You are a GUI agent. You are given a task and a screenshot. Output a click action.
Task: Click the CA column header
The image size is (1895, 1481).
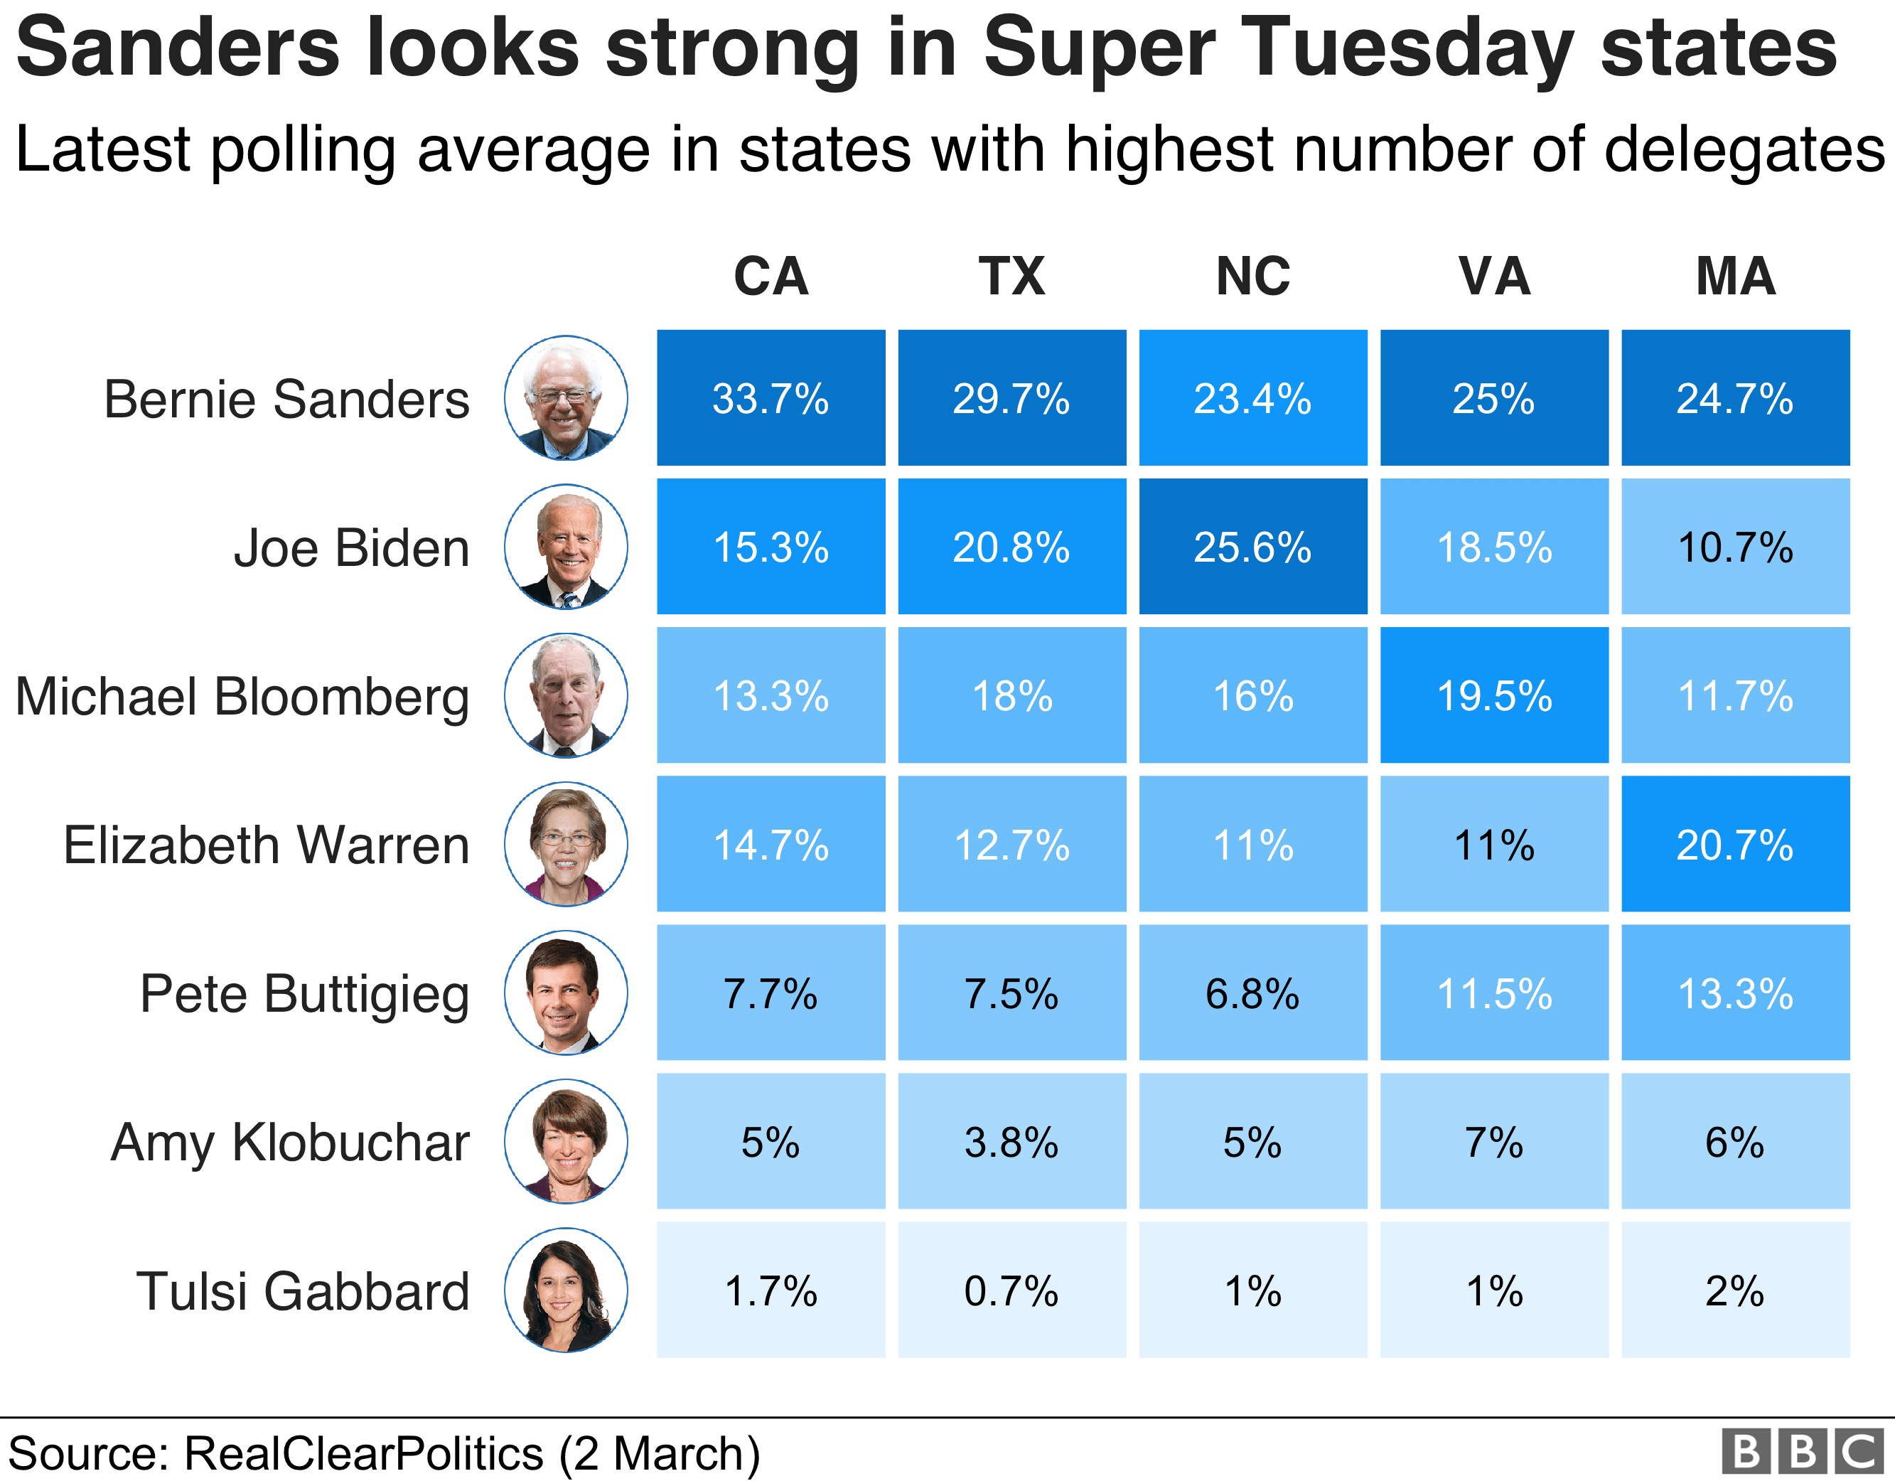[x=771, y=276]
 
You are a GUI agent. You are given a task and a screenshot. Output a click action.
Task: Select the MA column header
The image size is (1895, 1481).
[x=1735, y=276]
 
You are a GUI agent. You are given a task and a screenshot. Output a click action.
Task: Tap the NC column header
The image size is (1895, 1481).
[x=1253, y=276]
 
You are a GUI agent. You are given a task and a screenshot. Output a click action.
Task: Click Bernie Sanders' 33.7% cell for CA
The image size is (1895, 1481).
[x=771, y=398]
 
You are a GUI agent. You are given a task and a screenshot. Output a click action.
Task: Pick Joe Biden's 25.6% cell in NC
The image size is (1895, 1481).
[x=1253, y=547]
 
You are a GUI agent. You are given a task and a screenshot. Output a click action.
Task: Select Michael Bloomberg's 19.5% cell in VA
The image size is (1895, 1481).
[x=1494, y=695]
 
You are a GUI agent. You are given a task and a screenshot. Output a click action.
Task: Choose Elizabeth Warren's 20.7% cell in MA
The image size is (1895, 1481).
[x=1735, y=844]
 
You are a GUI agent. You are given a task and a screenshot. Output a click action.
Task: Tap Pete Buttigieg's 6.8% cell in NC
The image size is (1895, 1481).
[x=1253, y=993]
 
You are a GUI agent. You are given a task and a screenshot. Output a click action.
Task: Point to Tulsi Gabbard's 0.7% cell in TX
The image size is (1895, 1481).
[x=1011, y=1290]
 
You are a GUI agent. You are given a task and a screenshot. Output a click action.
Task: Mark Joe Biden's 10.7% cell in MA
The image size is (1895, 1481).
[x=1735, y=547]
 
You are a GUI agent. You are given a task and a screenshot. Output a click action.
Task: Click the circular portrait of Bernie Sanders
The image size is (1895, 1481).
[x=566, y=398]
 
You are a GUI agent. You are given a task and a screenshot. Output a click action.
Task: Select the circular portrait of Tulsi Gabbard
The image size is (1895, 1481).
[x=566, y=1290]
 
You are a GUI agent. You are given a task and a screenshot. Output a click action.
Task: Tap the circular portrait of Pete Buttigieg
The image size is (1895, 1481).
[x=566, y=993]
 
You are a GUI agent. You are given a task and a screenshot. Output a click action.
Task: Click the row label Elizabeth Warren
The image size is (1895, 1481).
[x=267, y=845]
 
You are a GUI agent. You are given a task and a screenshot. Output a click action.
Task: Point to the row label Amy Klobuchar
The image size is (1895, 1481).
[x=290, y=1143]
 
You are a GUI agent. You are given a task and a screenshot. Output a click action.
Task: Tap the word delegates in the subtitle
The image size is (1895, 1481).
[x=1744, y=149]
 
